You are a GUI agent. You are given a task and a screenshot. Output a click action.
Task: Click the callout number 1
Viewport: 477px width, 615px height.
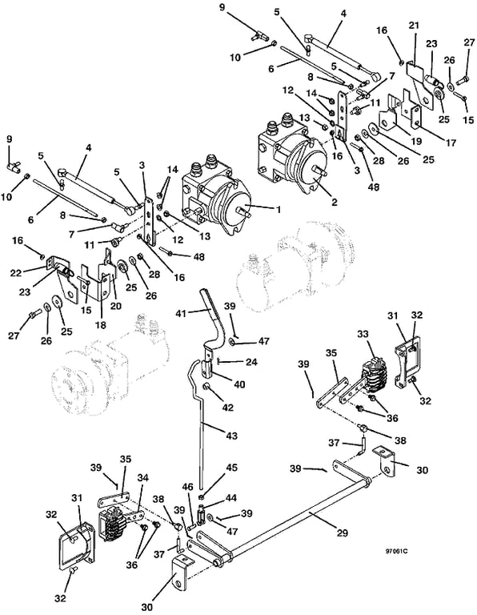[278, 210]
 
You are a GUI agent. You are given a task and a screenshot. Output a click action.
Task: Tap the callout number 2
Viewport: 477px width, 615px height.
[334, 202]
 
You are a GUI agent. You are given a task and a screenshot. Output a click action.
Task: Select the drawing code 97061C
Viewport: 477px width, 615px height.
[397, 551]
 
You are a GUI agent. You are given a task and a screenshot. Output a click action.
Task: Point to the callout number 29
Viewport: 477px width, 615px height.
[343, 533]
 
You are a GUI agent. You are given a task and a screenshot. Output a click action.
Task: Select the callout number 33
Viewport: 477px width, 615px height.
[363, 334]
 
